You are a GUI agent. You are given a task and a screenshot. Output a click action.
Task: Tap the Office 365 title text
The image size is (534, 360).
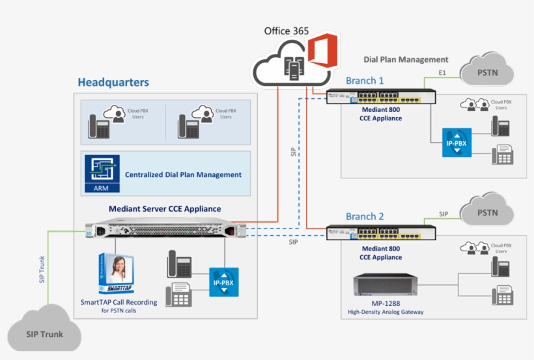click(287, 31)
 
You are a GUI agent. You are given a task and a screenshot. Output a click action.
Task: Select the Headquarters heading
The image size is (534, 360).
click(113, 83)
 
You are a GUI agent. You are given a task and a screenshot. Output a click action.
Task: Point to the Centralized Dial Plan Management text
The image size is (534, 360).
click(183, 174)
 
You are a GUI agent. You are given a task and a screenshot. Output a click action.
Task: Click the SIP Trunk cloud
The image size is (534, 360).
click(44, 333)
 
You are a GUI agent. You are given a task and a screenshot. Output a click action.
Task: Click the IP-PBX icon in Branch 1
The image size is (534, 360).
click(455, 141)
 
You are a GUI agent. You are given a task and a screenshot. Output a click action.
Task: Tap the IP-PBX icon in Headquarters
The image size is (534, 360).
click(223, 282)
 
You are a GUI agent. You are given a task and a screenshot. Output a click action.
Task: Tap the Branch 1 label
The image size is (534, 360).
click(365, 81)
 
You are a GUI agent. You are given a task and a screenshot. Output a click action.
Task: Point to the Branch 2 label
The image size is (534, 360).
click(365, 216)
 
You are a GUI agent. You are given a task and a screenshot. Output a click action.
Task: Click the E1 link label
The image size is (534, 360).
click(443, 72)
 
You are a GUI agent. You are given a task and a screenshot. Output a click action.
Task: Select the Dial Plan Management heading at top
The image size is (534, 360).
click(406, 59)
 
